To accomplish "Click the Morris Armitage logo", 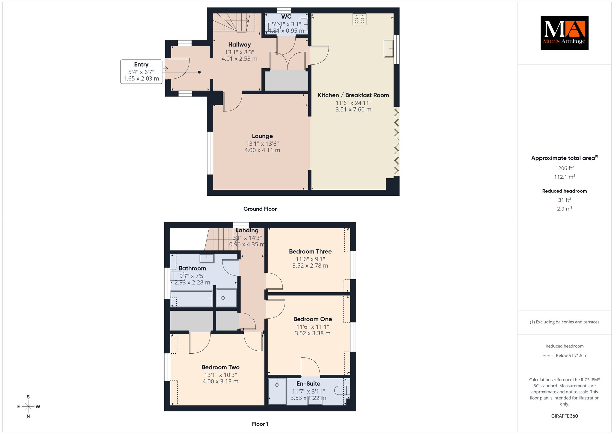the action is coord(564,33).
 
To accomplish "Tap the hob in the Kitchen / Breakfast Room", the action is coord(359,19).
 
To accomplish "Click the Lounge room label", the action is coord(262,136).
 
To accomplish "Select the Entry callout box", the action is coord(141,72).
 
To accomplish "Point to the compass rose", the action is coord(28,406).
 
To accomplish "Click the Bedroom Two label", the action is coord(220,367).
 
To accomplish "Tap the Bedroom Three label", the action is coord(310,251).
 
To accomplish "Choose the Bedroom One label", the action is coord(313,319).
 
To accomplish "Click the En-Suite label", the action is coord(308,384).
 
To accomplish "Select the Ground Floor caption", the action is coord(260,209).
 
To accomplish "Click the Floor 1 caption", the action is coord(260,424).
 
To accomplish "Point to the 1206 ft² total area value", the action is coord(565,168).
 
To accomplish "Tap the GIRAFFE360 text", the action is coord(565,416).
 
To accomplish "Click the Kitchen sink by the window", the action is coord(389,48).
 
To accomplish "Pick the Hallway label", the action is coord(239,45).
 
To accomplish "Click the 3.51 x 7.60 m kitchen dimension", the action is coord(353,109).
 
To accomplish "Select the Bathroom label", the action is coord(192,269).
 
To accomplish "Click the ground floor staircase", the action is coord(234,22).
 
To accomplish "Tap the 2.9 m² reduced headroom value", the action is coord(565,209).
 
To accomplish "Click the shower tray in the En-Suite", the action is coord(277,392).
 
